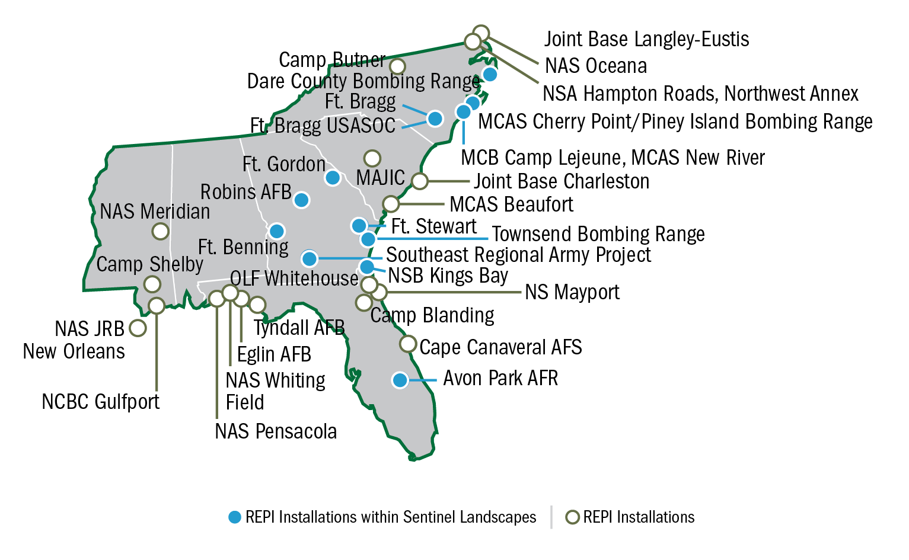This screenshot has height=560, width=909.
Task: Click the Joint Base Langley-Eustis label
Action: tap(646, 40)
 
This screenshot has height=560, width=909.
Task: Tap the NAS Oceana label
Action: tap(595, 66)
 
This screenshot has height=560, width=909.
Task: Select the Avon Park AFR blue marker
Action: tap(400, 380)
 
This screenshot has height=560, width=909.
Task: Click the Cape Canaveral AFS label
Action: tap(500, 347)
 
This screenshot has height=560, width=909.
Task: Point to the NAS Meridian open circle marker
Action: tap(160, 231)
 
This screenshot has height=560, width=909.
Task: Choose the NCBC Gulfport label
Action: tap(101, 402)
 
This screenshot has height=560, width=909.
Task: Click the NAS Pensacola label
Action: tap(276, 431)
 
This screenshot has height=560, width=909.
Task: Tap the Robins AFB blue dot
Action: tap(301, 200)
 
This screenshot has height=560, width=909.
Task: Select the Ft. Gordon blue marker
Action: tap(333, 177)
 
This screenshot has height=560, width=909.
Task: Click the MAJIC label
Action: tap(380, 178)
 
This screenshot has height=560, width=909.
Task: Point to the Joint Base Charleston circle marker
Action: tap(419, 181)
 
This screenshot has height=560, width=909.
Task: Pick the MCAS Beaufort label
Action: tap(511, 204)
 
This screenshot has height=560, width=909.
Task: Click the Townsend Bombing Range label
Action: tap(598, 235)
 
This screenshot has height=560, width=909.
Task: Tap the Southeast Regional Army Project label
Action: tap(518, 255)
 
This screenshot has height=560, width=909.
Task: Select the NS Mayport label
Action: tap(572, 292)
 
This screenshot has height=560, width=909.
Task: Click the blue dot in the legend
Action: tap(235, 517)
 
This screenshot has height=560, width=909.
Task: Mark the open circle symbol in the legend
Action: tap(572, 517)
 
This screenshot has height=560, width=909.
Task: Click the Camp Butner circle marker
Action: tap(397, 66)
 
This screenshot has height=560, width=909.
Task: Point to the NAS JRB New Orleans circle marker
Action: tap(138, 328)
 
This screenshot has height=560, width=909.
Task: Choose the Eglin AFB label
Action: tap(274, 354)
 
